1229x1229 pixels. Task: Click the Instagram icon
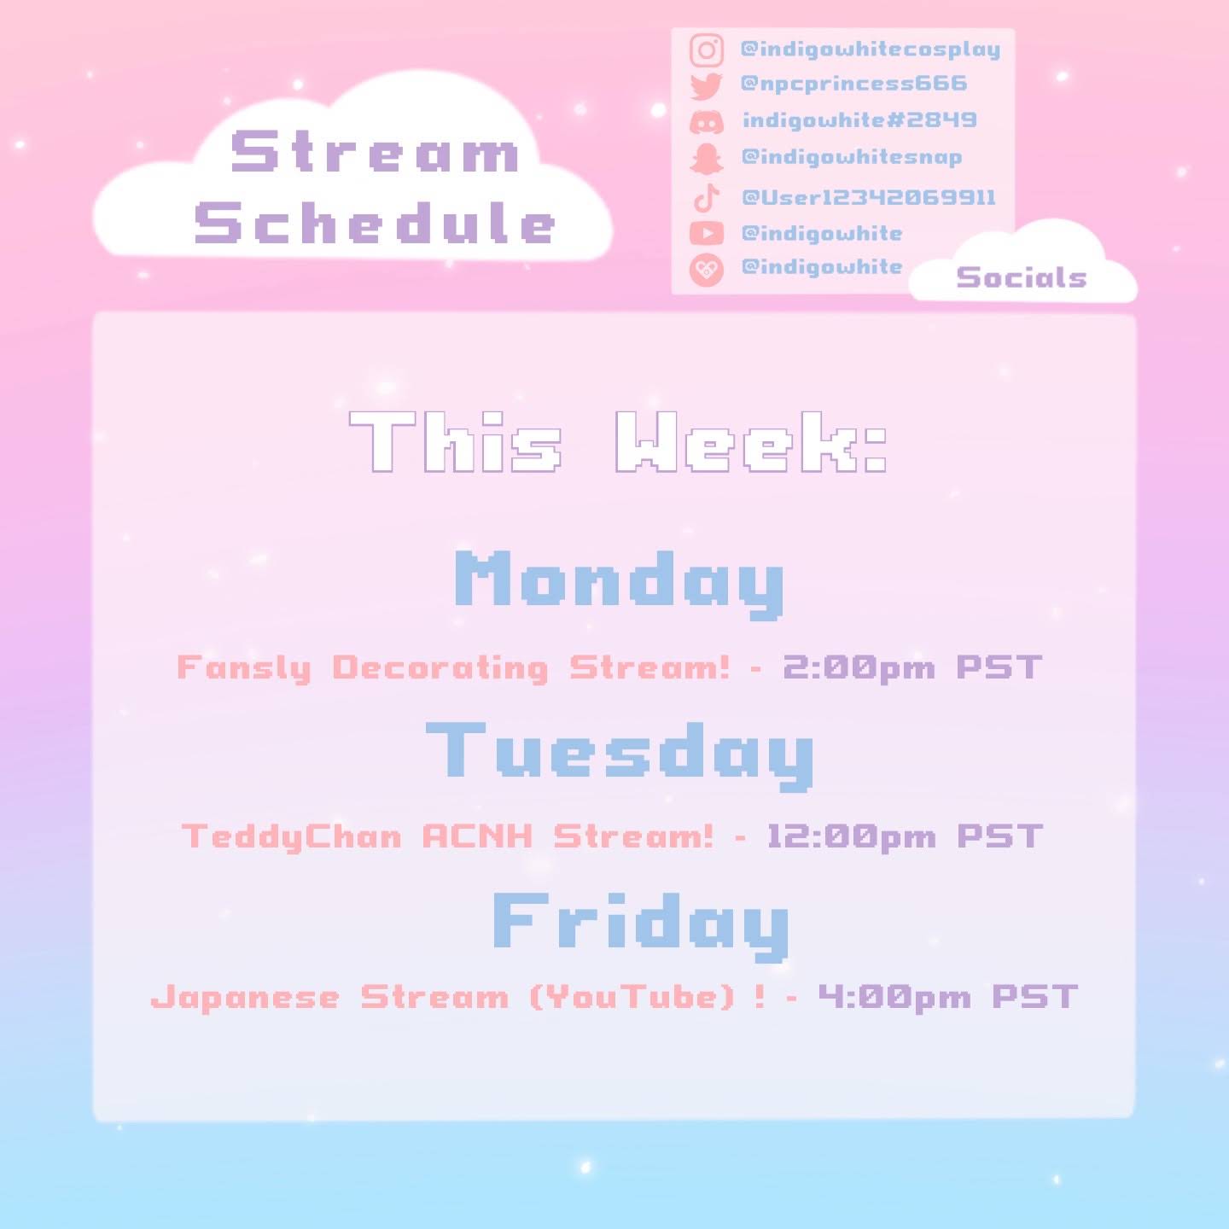(706, 50)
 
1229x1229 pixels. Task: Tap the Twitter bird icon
(706, 85)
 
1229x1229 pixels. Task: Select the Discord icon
(706, 121)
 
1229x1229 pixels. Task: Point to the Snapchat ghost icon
(706, 158)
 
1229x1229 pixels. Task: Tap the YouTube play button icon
(706, 234)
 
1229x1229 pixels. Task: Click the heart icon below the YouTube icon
(706, 269)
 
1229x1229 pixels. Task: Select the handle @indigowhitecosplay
(870, 50)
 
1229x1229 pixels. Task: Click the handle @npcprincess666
(853, 84)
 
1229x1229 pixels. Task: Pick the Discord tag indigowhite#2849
(859, 119)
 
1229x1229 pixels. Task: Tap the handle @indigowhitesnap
(852, 158)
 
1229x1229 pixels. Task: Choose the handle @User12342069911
(868, 197)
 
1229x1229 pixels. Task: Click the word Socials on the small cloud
(1021, 277)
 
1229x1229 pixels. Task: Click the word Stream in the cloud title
(375, 152)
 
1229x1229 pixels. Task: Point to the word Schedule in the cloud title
(375, 223)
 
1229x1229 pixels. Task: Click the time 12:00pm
(852, 836)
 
